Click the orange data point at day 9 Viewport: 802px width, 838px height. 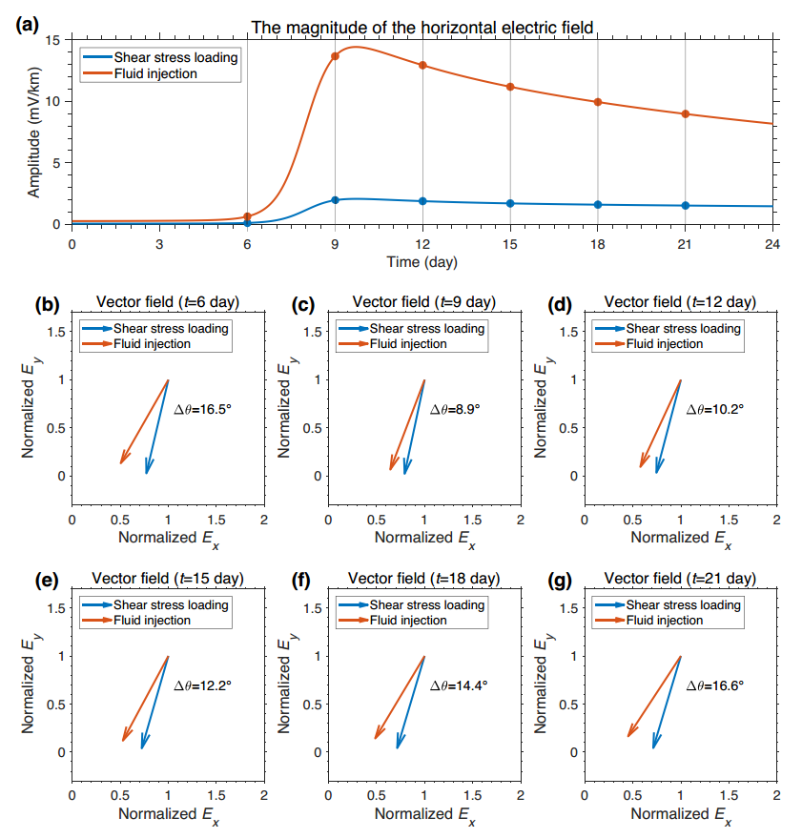click(x=335, y=56)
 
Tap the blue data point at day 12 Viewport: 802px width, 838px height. click(x=422, y=201)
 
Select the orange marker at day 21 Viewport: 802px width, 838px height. click(x=686, y=113)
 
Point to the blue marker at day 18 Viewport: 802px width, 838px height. click(x=598, y=205)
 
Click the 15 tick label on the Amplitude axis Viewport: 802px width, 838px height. click(x=52, y=40)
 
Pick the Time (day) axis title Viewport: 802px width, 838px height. click(x=422, y=262)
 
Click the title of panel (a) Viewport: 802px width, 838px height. click(x=422, y=28)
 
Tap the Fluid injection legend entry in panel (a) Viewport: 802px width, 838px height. click(x=155, y=73)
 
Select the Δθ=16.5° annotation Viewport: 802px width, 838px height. click(x=202, y=409)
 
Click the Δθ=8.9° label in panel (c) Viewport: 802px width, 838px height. click(x=455, y=409)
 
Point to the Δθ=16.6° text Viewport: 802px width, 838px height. click(x=715, y=685)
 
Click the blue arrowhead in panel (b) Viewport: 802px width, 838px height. click(x=148, y=466)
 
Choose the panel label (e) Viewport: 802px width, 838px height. click(x=47, y=580)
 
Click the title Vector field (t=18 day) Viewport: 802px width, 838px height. click(x=424, y=579)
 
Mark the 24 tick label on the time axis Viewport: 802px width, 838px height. click(x=772, y=244)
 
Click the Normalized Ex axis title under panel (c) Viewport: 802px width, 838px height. click(x=425, y=539)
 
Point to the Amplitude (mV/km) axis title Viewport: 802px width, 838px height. click(x=33, y=133)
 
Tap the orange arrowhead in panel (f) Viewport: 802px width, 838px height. click(x=380, y=731)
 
